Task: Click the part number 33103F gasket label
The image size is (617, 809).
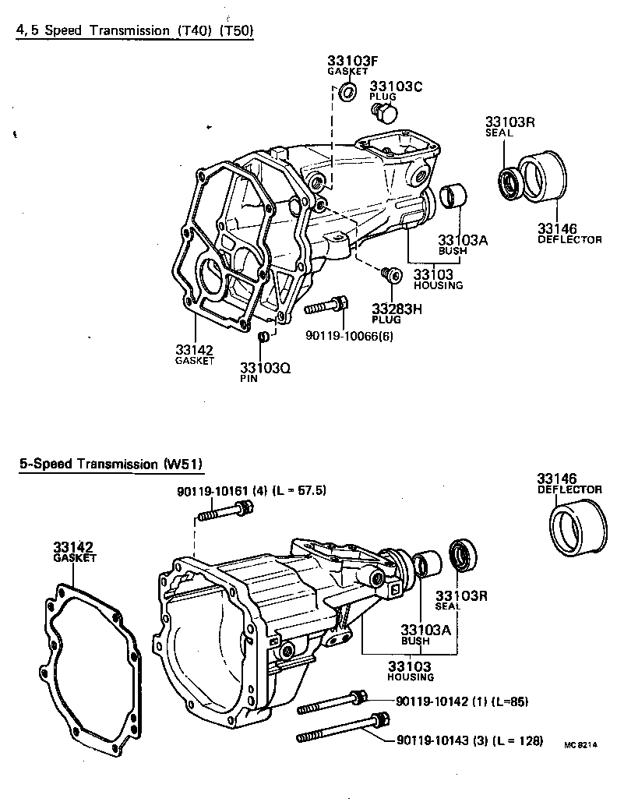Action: coord(347,64)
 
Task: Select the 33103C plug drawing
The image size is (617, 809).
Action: coord(383,113)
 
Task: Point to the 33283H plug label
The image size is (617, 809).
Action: coord(375,313)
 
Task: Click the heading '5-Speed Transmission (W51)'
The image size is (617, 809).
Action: coord(111,465)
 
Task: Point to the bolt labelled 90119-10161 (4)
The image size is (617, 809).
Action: coord(225,513)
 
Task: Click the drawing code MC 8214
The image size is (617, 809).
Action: coord(580,745)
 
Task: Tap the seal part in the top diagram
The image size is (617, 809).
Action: coord(511,182)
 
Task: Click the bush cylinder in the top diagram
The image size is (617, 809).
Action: coord(453,196)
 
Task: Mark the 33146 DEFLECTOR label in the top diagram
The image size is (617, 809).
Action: coord(569,233)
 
